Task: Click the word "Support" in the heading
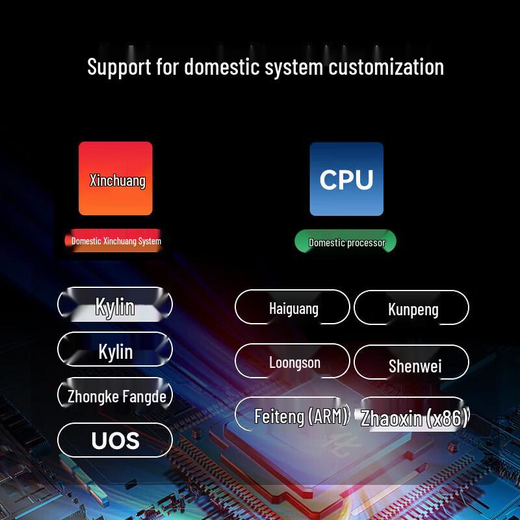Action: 119,68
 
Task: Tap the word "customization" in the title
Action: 386,67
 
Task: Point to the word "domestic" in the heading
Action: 222,67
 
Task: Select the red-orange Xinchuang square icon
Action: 116,178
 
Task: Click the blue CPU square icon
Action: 346,179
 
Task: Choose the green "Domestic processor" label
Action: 346,241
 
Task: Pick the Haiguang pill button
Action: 292,307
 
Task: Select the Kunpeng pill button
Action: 411,307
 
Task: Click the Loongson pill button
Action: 292,361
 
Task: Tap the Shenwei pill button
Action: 411,362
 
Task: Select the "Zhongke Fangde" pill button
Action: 115,395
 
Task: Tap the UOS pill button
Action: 115,440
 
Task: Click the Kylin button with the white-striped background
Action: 115,304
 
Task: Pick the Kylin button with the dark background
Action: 115,349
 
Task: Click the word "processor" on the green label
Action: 366,243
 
